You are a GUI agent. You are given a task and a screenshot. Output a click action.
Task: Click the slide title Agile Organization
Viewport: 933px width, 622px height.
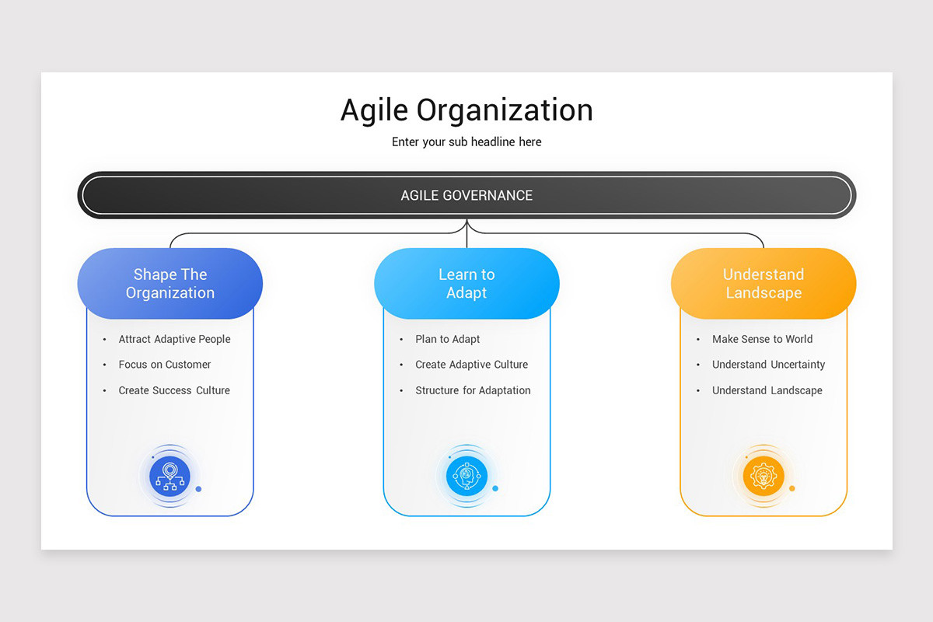pos(466,110)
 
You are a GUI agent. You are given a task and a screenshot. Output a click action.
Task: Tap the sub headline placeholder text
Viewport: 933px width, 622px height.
pos(466,142)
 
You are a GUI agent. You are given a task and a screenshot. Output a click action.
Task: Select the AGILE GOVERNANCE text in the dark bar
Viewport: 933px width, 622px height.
pos(466,195)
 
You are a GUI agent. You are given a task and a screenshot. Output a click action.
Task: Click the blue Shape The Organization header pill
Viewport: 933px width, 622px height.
pos(170,284)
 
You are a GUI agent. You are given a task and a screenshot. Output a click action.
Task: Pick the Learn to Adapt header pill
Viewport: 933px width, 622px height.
pos(466,284)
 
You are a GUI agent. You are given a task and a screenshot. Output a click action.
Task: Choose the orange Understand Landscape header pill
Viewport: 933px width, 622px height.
pos(764,284)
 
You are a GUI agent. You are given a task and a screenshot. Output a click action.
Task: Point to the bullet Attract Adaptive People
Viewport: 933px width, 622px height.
pos(174,339)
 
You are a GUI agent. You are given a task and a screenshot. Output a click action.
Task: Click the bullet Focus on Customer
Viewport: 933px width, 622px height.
pos(165,365)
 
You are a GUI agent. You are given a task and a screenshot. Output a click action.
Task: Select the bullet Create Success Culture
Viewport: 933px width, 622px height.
pos(174,390)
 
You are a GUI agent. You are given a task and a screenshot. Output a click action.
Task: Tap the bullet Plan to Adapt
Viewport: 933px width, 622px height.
pos(448,339)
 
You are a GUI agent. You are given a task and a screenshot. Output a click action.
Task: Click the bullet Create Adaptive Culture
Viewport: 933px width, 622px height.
pos(471,365)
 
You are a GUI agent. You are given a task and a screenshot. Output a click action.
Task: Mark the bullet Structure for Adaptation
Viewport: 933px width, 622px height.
pos(473,390)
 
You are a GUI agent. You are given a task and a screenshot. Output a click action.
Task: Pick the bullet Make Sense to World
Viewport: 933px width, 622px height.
pos(762,339)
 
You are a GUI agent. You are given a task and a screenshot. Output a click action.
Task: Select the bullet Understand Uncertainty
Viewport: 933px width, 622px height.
pos(768,365)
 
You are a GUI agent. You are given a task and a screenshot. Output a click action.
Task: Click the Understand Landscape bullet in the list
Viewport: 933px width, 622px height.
pos(767,390)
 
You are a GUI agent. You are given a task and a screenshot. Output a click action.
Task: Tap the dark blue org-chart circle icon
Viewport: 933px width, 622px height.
pos(170,476)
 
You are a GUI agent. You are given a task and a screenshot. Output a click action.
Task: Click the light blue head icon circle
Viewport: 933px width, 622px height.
pos(466,476)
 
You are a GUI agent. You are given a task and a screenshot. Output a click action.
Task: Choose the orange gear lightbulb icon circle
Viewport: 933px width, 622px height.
pos(764,476)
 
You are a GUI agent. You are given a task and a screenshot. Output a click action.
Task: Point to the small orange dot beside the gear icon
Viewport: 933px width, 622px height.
pos(792,488)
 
